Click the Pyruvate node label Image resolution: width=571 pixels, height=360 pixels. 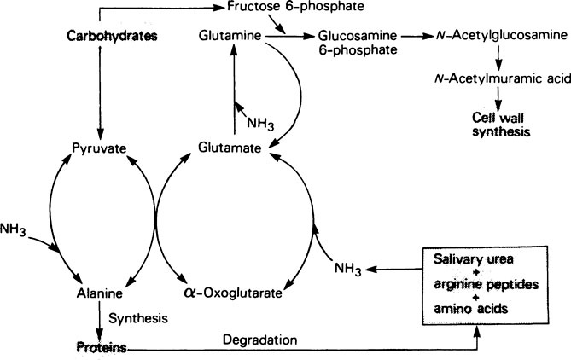(100, 148)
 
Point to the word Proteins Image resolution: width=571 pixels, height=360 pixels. (98, 348)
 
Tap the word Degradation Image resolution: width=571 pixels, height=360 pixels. (259, 340)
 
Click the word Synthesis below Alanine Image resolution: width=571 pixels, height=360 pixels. (137, 317)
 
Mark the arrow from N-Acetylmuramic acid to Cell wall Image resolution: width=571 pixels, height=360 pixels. (498, 98)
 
